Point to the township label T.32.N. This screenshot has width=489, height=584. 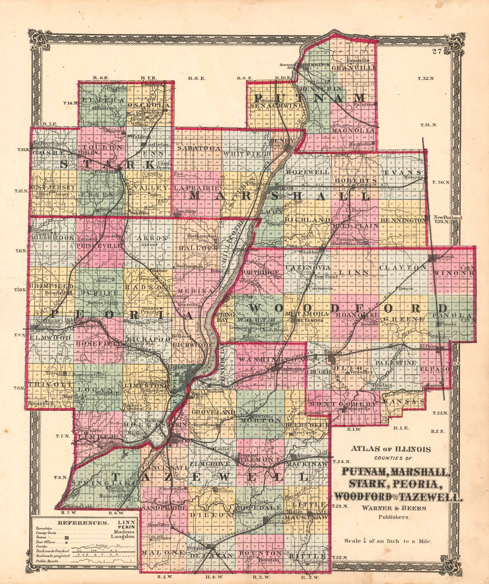(425, 79)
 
